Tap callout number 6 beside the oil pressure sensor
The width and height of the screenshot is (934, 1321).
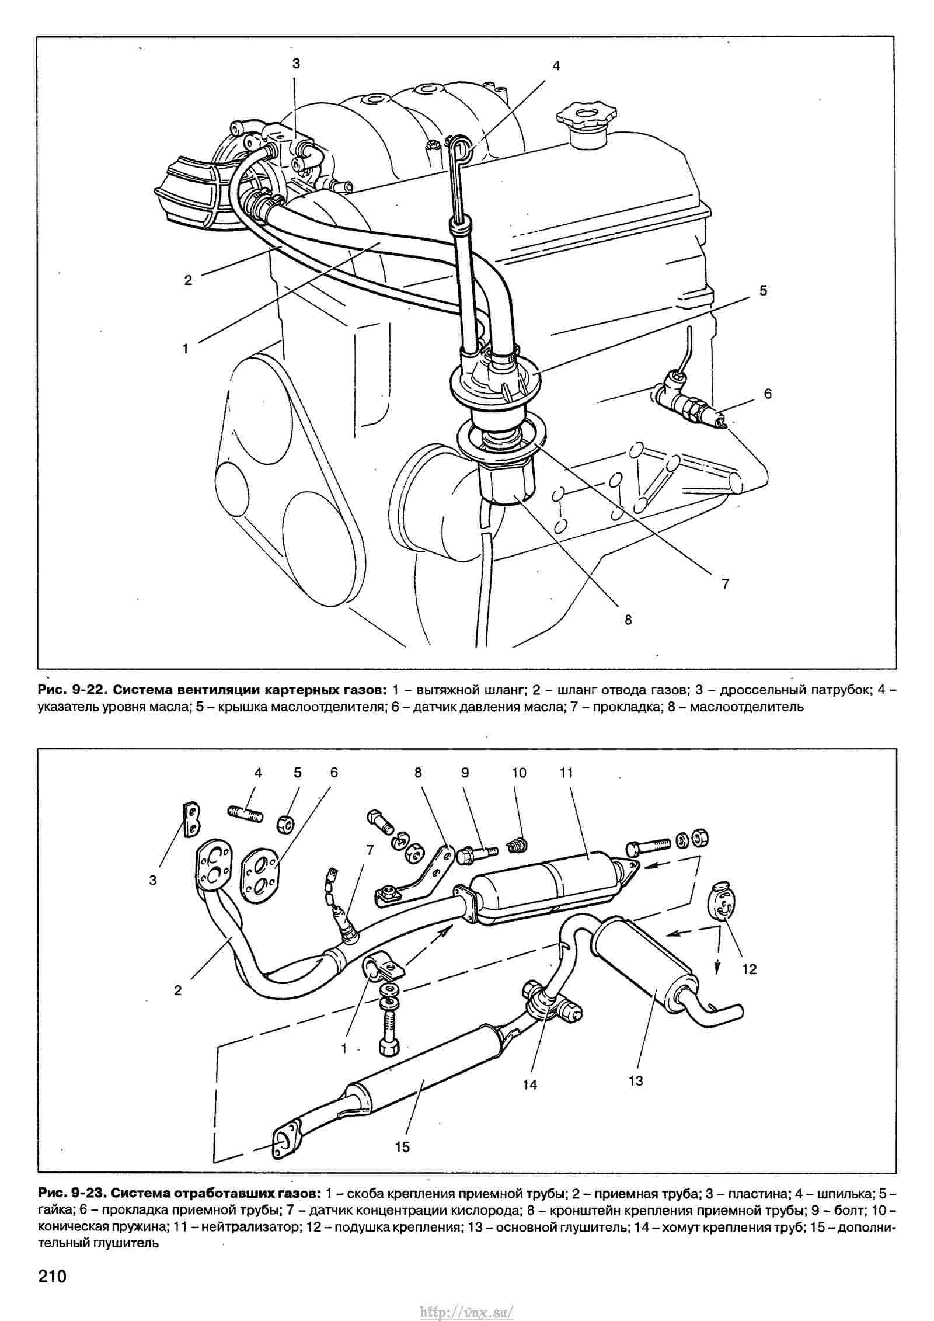[767, 394]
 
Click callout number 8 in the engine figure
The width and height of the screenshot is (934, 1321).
[628, 620]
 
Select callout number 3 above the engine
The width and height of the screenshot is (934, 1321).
[296, 64]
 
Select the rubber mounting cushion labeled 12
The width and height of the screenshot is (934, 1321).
[722, 904]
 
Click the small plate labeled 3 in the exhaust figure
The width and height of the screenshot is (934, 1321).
[190, 821]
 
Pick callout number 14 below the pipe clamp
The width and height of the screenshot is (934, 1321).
[529, 1084]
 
